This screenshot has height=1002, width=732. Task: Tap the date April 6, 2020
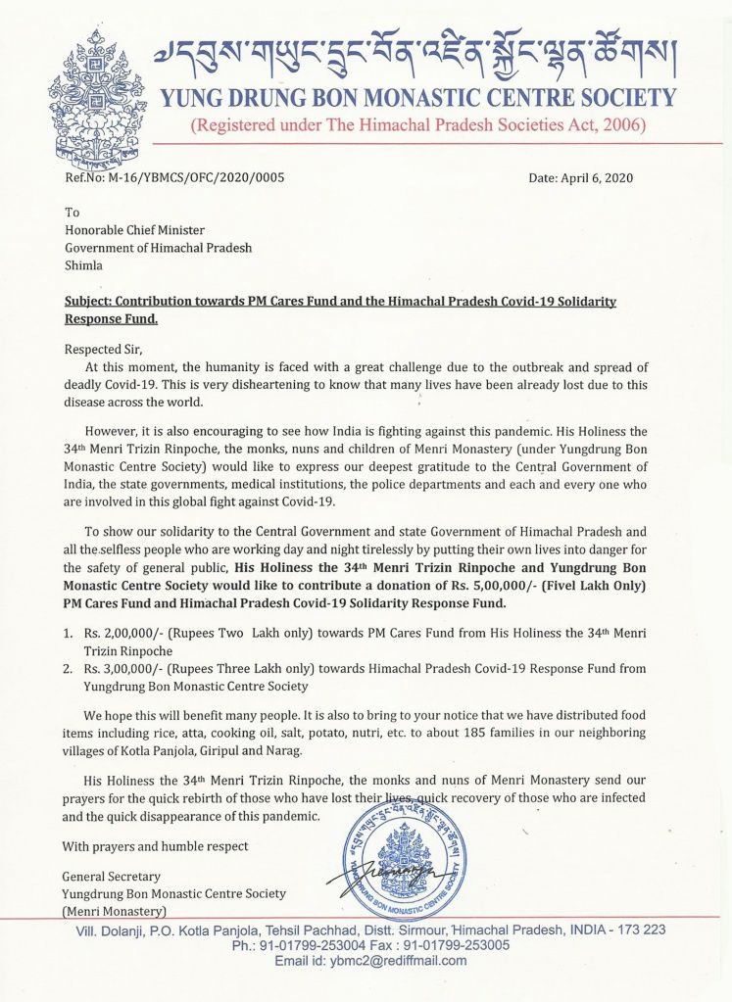(580, 178)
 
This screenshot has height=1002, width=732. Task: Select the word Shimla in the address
(83, 264)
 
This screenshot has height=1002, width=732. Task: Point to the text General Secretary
(111, 877)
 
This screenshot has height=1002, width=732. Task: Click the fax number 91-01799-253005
(454, 945)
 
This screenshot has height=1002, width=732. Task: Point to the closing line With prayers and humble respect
(155, 846)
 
